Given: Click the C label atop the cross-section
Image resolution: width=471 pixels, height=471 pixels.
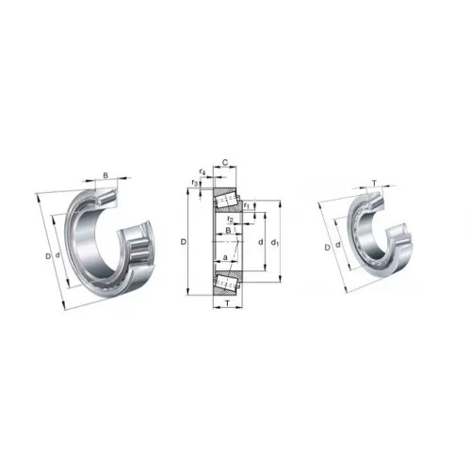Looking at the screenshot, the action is (x=225, y=162).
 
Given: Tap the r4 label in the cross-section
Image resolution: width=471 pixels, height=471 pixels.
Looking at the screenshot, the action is (x=203, y=172).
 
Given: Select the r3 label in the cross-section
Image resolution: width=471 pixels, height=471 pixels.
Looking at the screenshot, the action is (x=195, y=183).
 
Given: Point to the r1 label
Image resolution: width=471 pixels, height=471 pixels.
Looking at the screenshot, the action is (x=247, y=206).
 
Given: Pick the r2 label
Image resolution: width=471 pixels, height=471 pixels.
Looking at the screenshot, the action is (x=230, y=219).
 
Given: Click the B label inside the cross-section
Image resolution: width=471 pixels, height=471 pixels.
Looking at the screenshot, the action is (x=229, y=230).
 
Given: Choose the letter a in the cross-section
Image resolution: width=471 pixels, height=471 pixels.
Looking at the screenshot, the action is (x=225, y=257).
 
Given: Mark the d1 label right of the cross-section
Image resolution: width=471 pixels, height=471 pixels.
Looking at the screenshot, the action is (x=275, y=242).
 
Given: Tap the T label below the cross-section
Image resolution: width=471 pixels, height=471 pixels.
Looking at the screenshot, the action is (x=228, y=303).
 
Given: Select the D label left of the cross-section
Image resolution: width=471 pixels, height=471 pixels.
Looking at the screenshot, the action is (x=184, y=242).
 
